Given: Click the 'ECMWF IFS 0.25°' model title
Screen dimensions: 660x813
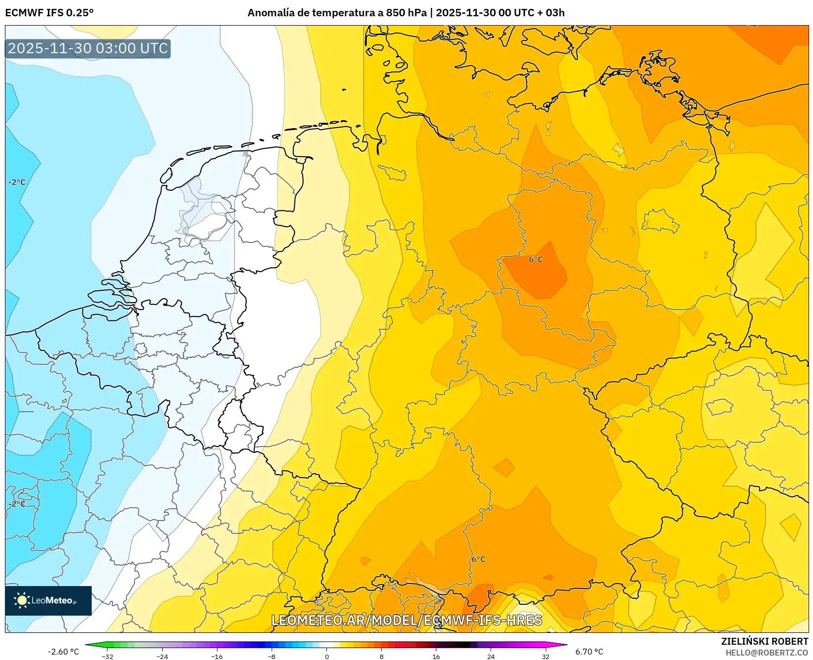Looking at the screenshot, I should pyautogui.click(x=49, y=13).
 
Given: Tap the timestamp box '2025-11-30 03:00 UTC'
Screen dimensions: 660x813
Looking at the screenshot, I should pyautogui.click(x=88, y=48).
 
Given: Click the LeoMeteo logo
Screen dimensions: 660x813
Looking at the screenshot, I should pyautogui.click(x=48, y=600).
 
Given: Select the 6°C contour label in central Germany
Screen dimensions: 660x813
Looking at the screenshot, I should pyautogui.click(x=535, y=259).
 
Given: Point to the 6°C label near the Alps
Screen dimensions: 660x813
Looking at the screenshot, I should pyautogui.click(x=478, y=559).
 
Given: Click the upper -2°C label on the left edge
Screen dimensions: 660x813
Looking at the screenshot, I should pyautogui.click(x=17, y=182).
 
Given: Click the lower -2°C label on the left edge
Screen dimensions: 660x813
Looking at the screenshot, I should pyautogui.click(x=17, y=504).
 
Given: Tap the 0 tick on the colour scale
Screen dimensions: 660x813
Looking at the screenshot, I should pyautogui.click(x=326, y=656).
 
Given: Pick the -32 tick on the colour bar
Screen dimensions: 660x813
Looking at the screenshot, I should pyautogui.click(x=107, y=656).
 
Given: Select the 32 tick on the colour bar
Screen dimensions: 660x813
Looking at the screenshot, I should pyautogui.click(x=545, y=656).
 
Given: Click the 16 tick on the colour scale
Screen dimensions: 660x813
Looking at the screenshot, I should pyautogui.click(x=436, y=656).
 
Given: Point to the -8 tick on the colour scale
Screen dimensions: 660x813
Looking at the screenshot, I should pyautogui.click(x=271, y=656).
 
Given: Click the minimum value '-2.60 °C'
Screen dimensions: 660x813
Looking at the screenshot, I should pyautogui.click(x=63, y=652).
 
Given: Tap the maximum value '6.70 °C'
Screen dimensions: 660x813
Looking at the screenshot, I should pyautogui.click(x=589, y=652).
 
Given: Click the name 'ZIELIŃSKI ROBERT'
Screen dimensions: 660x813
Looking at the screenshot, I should pyautogui.click(x=764, y=641).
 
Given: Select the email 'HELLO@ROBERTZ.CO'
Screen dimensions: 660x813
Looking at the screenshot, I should pyautogui.click(x=767, y=653).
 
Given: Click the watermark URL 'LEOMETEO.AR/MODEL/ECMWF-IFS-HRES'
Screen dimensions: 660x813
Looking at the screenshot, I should pyautogui.click(x=407, y=620).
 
